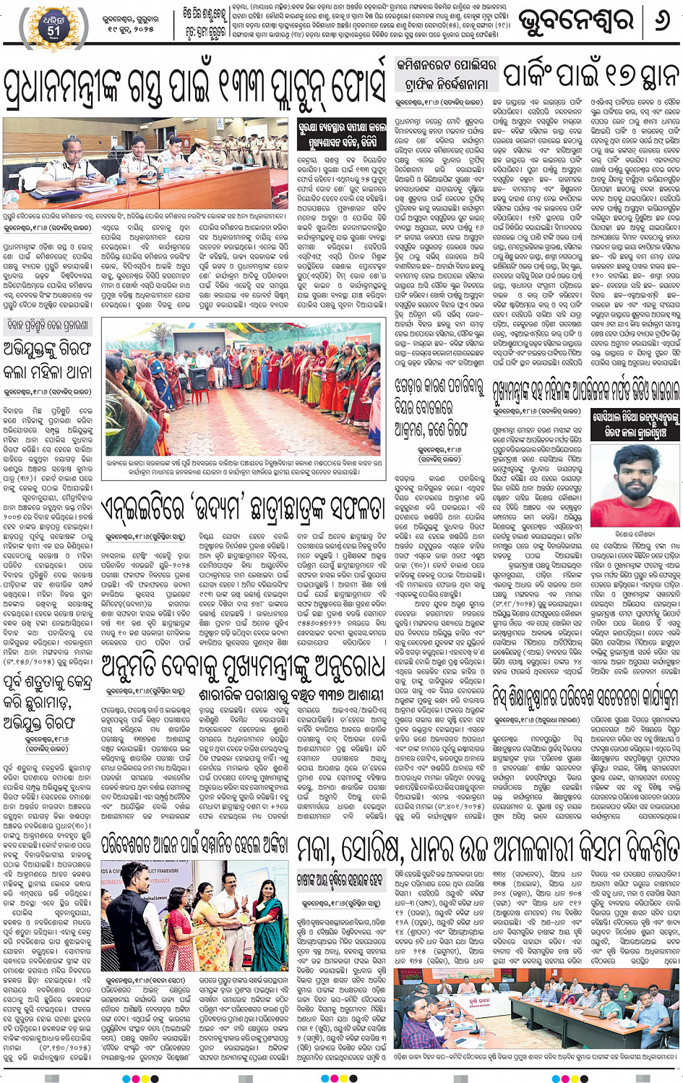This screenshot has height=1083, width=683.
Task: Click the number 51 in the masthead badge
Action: pyautogui.click(x=53, y=31)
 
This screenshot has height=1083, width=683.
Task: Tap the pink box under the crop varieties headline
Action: pyautogui.click(x=341, y=880)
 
